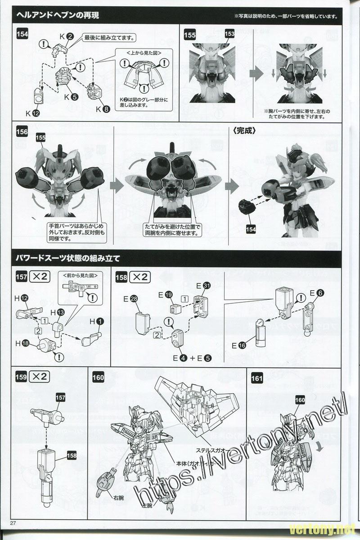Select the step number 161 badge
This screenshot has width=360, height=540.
(257, 378)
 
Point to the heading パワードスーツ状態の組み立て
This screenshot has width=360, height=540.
(67, 259)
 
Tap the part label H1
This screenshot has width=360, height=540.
(96, 321)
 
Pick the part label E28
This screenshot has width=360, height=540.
(130, 298)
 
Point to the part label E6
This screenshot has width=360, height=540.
(316, 293)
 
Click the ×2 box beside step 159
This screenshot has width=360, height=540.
(38, 378)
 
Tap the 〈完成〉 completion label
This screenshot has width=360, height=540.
(245, 131)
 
